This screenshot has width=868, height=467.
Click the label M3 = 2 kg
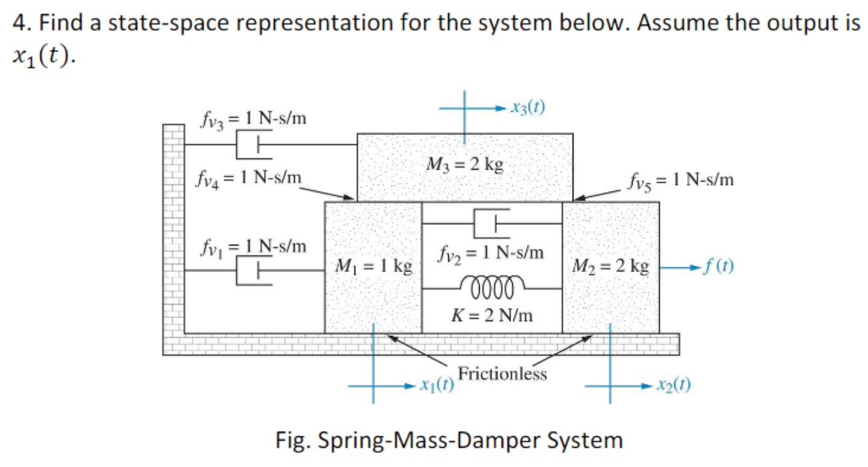coord(464,164)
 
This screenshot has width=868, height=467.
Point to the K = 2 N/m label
coord(492,314)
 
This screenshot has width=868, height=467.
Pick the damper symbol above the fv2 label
coord(492,222)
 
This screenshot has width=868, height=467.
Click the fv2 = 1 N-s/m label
coord(492,253)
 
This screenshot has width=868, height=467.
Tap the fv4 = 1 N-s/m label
coord(248,178)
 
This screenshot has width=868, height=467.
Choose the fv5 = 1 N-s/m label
coord(680,180)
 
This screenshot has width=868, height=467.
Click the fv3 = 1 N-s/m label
coord(253,118)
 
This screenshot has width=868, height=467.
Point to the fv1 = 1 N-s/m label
coord(253,247)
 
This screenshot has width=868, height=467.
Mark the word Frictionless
coord(502,374)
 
